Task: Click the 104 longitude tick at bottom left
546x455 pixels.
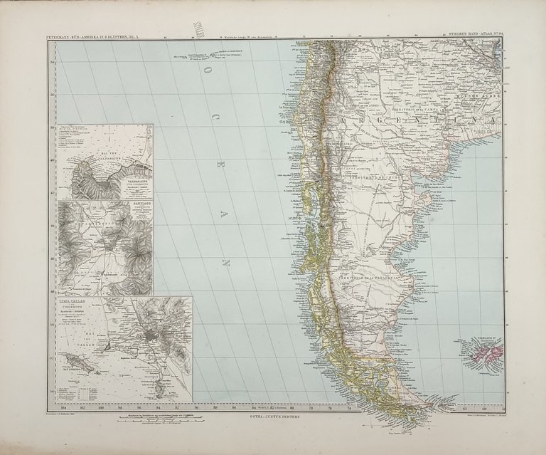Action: (x=66, y=407)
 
